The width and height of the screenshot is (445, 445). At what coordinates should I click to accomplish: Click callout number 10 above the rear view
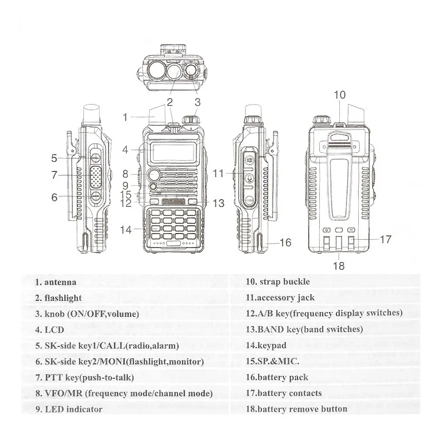click(x=339, y=95)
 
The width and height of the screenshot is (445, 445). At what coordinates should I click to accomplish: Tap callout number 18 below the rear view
click(x=339, y=266)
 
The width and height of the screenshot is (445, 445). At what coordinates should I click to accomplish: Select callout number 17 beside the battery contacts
click(x=385, y=240)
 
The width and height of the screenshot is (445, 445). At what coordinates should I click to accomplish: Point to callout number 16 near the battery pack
click(x=285, y=243)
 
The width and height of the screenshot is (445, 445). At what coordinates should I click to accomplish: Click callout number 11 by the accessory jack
click(x=218, y=174)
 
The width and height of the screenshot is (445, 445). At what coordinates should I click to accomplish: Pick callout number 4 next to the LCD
click(x=126, y=149)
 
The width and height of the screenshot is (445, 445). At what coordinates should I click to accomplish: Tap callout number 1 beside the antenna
click(x=126, y=117)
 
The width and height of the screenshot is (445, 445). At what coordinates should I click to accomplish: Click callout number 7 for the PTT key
click(x=54, y=175)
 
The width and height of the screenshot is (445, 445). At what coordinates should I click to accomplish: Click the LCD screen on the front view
click(x=172, y=150)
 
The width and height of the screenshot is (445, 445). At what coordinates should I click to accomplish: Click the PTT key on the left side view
click(x=95, y=174)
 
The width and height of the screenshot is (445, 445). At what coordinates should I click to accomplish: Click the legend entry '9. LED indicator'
click(x=68, y=409)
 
